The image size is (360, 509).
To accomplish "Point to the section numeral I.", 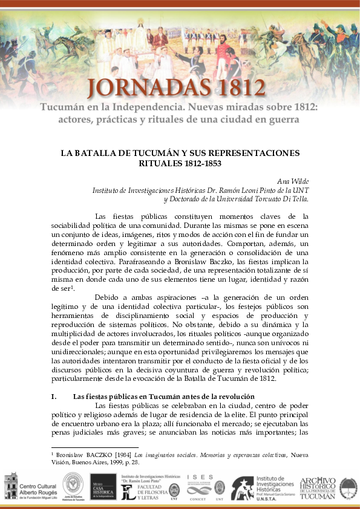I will coord(54,396).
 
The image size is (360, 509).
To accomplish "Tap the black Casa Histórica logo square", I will coord(103,487).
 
